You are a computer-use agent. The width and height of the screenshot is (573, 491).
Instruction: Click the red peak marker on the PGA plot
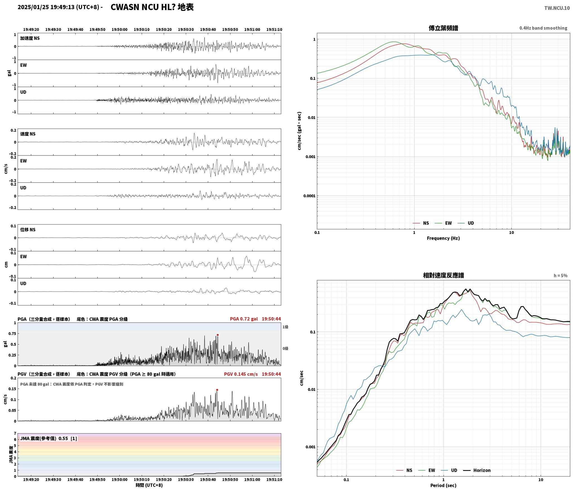(218, 335)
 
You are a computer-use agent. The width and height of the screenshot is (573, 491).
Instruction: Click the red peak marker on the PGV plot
(217, 390)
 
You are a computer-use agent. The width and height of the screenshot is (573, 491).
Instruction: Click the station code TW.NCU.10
(557, 8)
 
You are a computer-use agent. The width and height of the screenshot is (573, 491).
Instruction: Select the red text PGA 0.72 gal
(244, 319)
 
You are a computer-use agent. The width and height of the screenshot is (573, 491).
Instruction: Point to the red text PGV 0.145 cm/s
(241, 374)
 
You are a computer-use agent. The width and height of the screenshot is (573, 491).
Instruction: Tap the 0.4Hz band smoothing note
(543, 28)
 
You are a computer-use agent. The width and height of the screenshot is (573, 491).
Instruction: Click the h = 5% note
(560, 276)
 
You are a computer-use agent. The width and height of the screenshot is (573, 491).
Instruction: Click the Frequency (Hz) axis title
(443, 238)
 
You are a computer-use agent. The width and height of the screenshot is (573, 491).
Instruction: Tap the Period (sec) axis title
(443, 485)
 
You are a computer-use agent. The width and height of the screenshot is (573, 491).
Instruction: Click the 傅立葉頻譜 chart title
(443, 28)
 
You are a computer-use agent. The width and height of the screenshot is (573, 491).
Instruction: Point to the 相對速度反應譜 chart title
(443, 275)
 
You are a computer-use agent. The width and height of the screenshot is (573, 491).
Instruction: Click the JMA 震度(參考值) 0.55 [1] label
(49, 439)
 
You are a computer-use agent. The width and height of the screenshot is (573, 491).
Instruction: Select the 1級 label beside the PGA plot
(285, 327)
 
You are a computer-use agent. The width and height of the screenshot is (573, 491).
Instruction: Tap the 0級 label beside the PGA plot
(285, 348)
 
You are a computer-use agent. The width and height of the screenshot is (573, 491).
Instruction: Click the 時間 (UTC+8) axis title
(149, 485)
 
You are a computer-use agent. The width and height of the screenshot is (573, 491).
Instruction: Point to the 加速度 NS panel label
(30, 38)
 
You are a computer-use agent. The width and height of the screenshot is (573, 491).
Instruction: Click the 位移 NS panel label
(28, 230)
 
